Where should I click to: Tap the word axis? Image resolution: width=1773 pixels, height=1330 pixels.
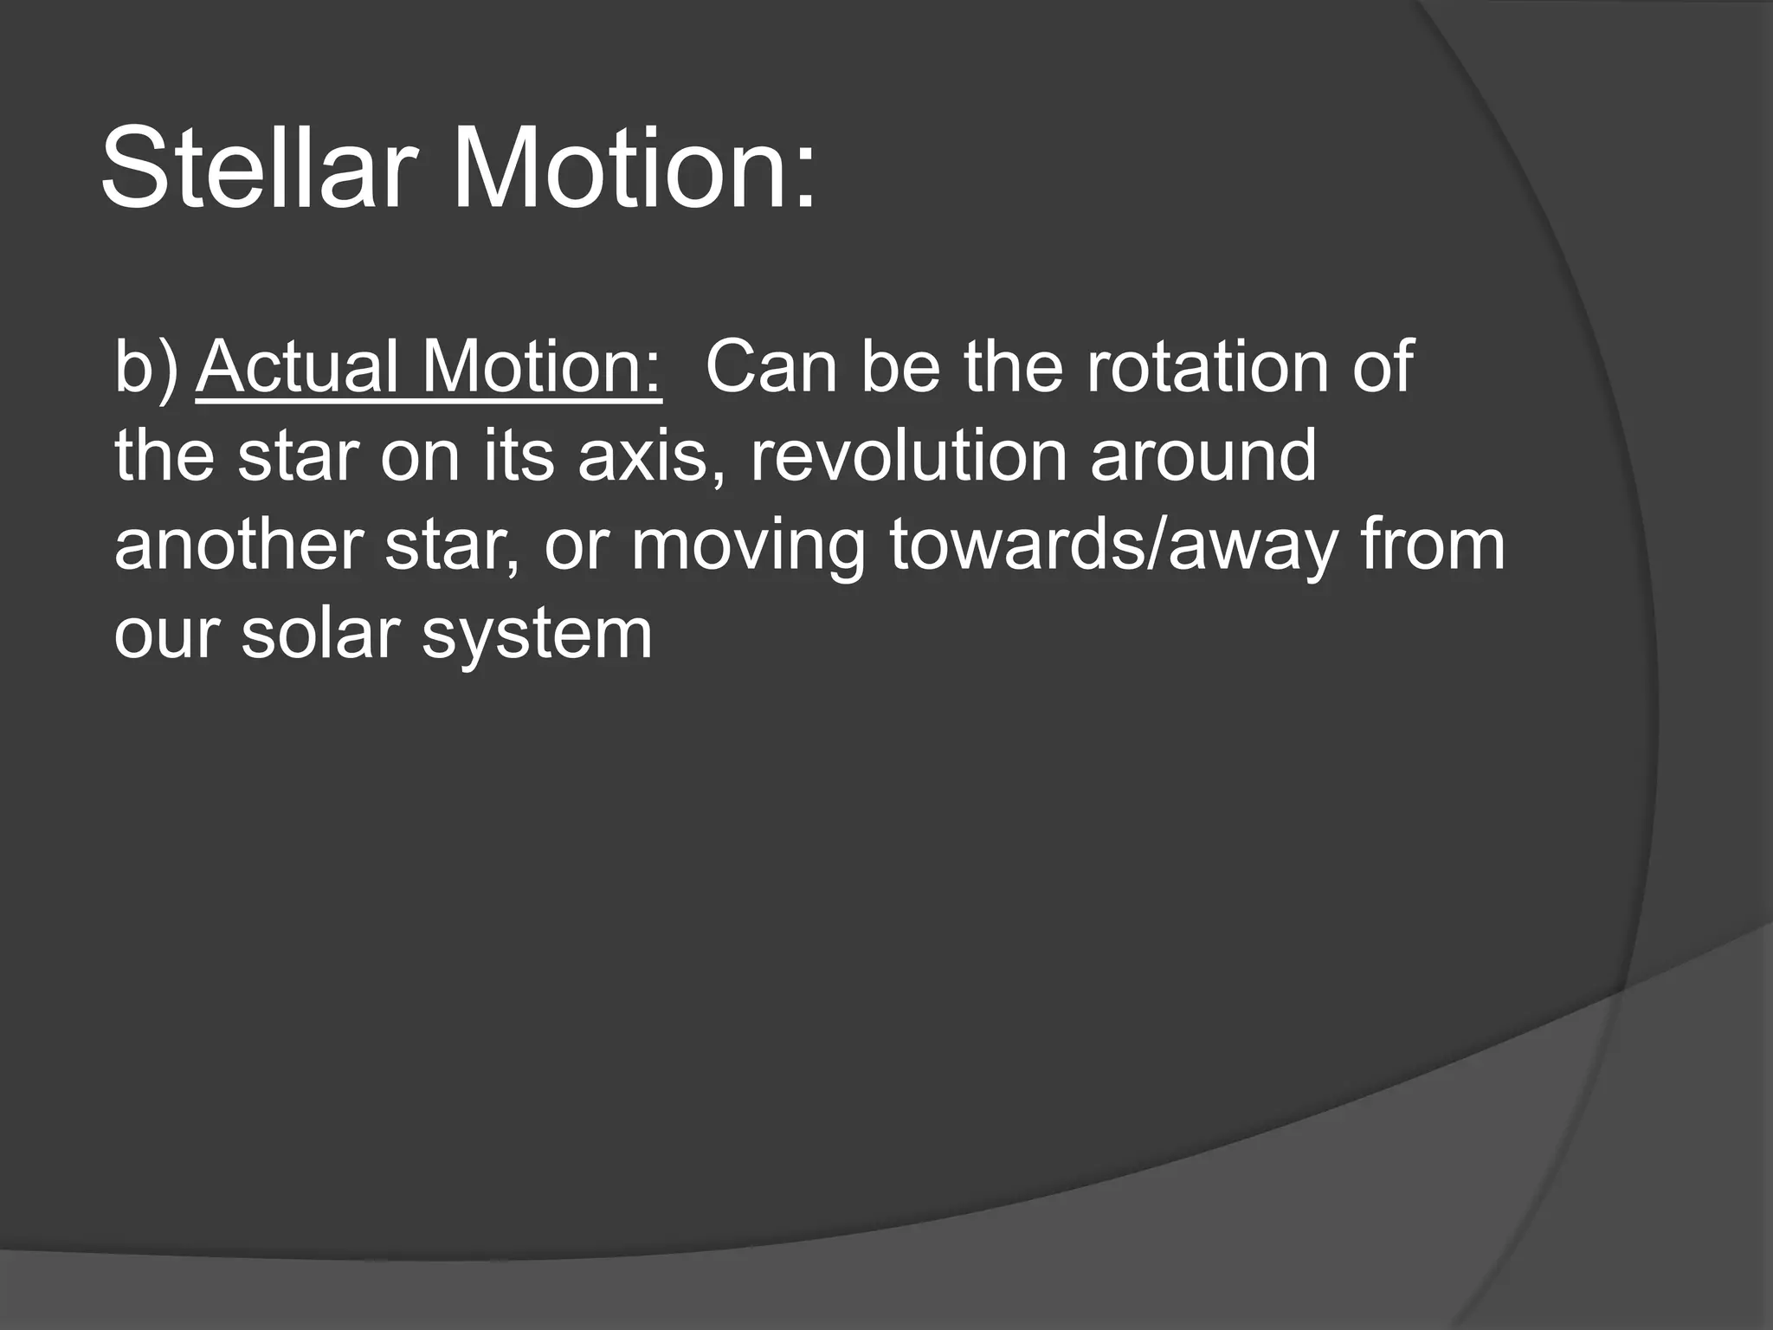coord(654,456)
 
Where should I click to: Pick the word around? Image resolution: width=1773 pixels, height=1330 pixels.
coord(1203,456)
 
